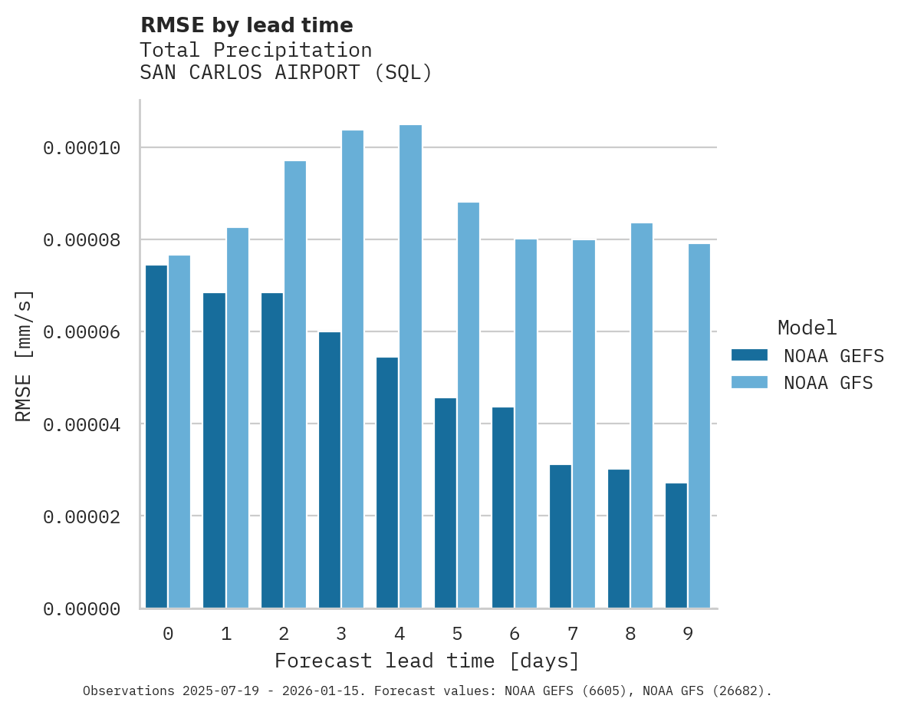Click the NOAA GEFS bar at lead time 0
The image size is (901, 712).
click(156, 437)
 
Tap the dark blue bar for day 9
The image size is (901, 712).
click(676, 546)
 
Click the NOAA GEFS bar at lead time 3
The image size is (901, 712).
click(330, 470)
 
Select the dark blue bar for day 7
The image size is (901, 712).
click(561, 536)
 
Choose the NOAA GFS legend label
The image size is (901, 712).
click(828, 383)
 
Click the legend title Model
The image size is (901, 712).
click(807, 328)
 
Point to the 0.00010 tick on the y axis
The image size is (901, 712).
click(82, 148)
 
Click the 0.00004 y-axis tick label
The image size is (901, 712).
click(82, 424)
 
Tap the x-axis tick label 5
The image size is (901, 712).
click(457, 635)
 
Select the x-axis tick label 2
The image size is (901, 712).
click(284, 635)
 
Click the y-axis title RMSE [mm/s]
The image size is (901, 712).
click(24, 355)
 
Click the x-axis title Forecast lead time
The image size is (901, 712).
click(427, 661)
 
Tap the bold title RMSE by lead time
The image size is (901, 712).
click(246, 25)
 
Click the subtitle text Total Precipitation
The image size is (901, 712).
click(255, 51)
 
